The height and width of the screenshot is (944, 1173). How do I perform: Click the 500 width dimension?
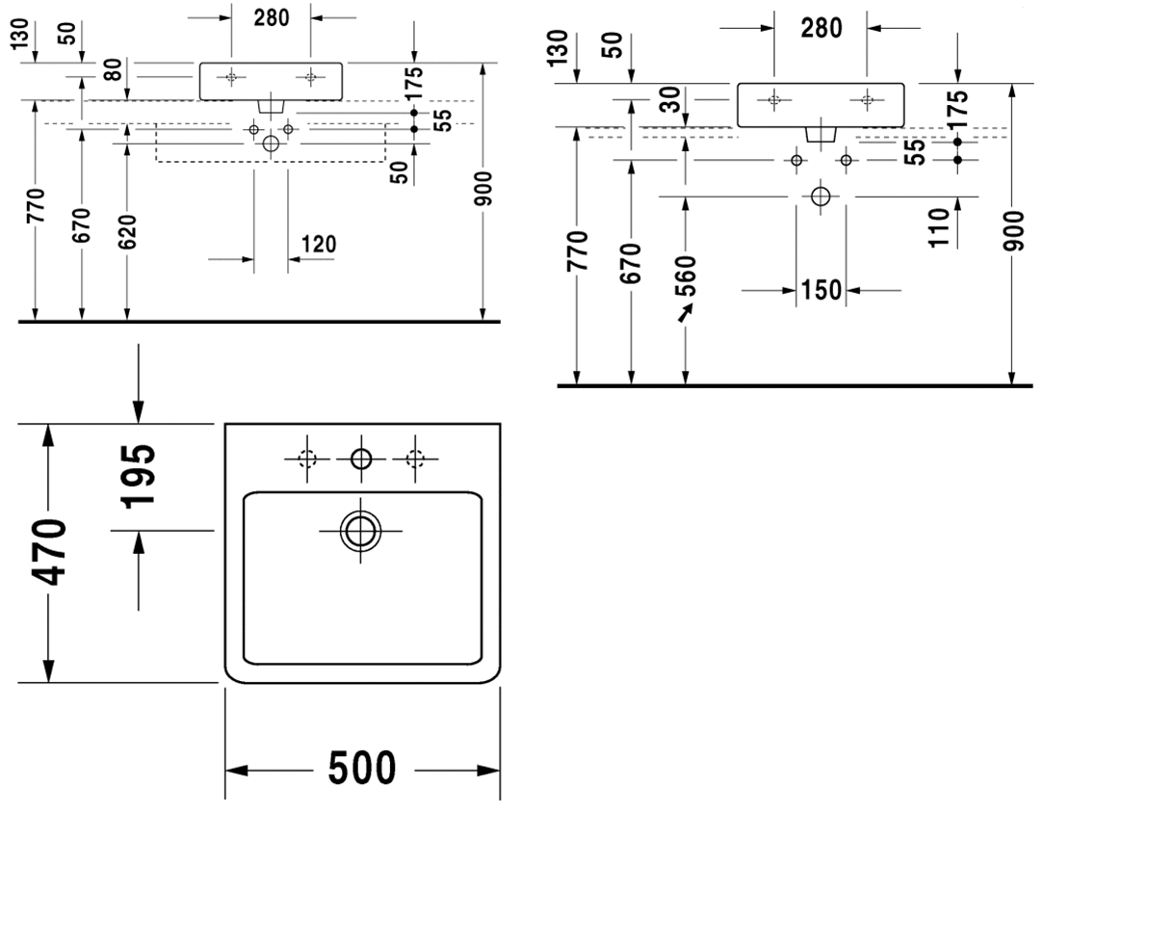point(362,769)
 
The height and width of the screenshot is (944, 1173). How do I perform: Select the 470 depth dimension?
point(49,552)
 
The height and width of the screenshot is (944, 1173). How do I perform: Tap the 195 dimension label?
point(139,475)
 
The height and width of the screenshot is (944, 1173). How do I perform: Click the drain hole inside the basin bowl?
point(360,531)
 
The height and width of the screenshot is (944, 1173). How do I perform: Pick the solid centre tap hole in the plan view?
point(361,459)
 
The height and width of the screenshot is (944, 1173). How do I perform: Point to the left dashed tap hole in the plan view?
point(307,459)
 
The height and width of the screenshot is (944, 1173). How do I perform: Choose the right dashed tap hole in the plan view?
point(415,459)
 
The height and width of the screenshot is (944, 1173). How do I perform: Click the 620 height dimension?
point(128,231)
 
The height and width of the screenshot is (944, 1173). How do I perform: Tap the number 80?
point(112,70)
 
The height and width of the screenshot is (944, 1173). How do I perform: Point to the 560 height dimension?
point(685,275)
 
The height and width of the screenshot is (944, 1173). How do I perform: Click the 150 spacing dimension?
point(821,290)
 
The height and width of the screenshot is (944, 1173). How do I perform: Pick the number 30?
point(671,100)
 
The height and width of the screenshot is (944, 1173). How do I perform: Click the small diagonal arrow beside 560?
point(685,313)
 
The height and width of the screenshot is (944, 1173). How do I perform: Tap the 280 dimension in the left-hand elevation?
point(272,17)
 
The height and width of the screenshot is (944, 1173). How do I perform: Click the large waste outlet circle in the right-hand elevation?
point(821,197)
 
